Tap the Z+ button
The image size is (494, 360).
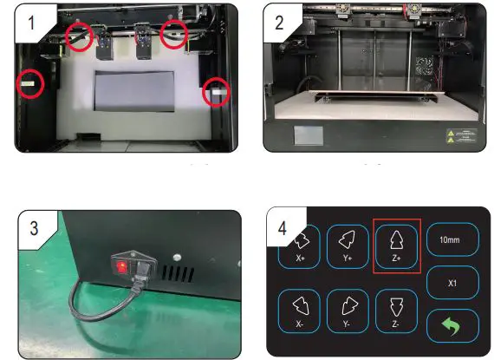397,246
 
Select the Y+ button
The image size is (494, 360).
348,246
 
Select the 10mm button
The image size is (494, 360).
452,239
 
